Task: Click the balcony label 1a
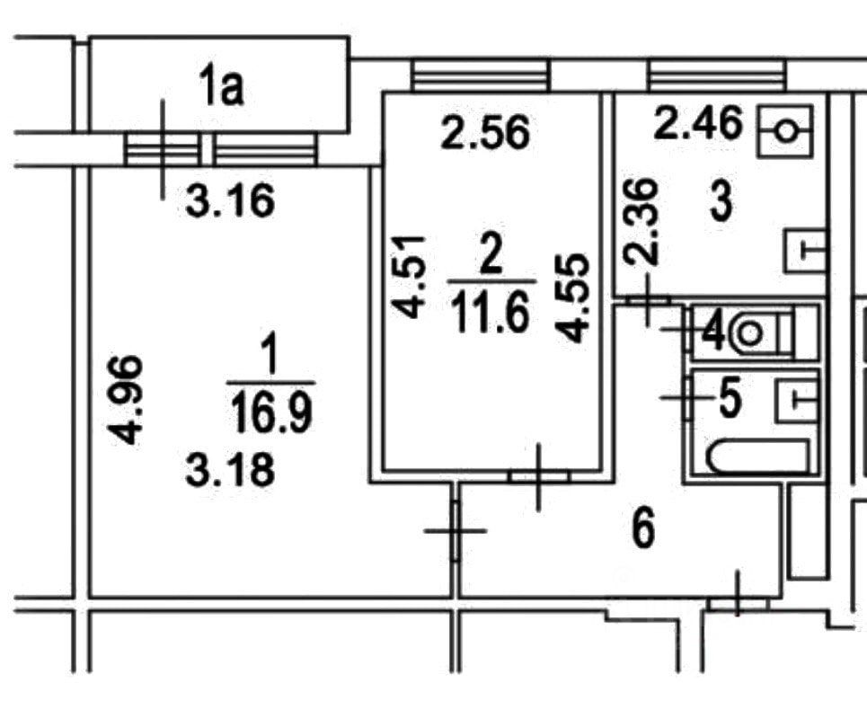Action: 221,92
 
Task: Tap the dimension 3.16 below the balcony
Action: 230,202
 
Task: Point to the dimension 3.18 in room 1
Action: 230,469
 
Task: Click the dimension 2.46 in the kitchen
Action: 698,123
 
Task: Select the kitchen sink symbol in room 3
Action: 806,251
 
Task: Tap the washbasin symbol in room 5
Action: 797,396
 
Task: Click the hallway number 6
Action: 643,528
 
